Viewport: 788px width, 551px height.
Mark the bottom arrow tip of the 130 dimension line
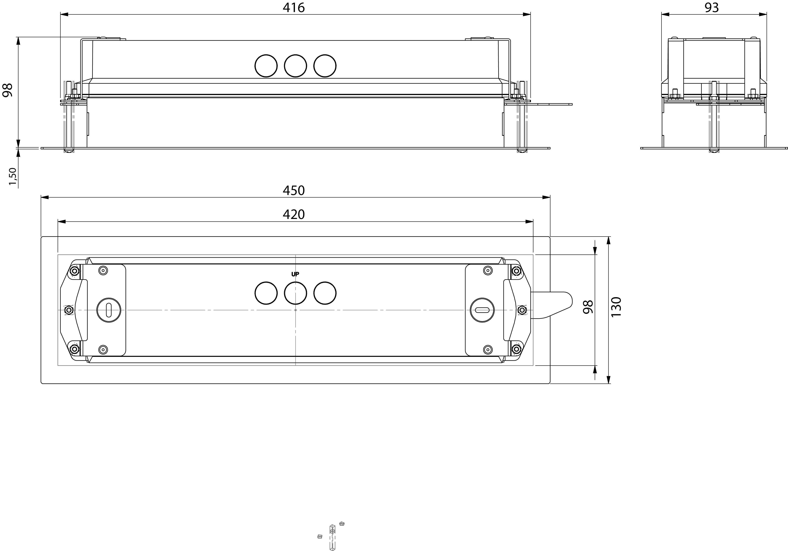tap(608, 383)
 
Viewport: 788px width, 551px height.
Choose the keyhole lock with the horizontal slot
tap(482, 310)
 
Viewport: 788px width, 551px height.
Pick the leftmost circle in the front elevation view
tap(266, 66)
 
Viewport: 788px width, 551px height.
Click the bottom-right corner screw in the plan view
tap(516, 350)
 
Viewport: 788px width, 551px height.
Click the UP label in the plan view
tap(295, 274)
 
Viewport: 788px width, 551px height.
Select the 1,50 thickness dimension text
tap(13, 176)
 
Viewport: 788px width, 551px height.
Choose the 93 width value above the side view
tap(712, 7)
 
